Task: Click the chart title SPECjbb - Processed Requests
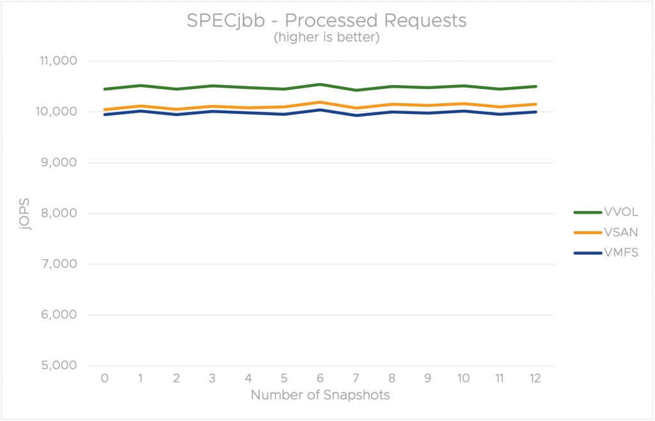coord(327,20)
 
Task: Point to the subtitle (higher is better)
coord(327,38)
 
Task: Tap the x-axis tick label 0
coord(104,378)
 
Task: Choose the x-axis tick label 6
coord(320,378)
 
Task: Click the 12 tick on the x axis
coord(535,378)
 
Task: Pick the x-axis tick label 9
coord(428,378)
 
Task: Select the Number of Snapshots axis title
coord(320,395)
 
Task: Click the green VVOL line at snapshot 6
coord(320,84)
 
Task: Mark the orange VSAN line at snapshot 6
coord(320,102)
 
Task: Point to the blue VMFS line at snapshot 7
coord(356,115)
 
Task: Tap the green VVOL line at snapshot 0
coord(104,89)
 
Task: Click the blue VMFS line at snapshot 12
coord(535,112)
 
